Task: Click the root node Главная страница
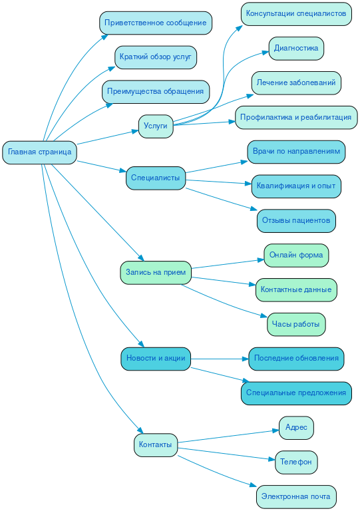point(39,152)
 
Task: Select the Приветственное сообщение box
point(156,23)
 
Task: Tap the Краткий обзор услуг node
point(156,57)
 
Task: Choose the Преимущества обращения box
point(156,91)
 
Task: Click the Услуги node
point(156,126)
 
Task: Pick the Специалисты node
point(155,178)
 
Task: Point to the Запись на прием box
point(156,273)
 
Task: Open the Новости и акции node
point(156,359)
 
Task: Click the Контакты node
point(156,444)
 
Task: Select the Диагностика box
point(296,48)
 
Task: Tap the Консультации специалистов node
point(296,13)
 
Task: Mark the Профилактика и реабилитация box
point(296,117)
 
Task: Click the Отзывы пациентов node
point(296,220)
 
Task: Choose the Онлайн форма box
point(296,255)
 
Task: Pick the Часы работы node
point(296,325)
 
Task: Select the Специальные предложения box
point(296,393)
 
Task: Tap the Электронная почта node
point(296,496)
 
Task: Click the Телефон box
point(296,462)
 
